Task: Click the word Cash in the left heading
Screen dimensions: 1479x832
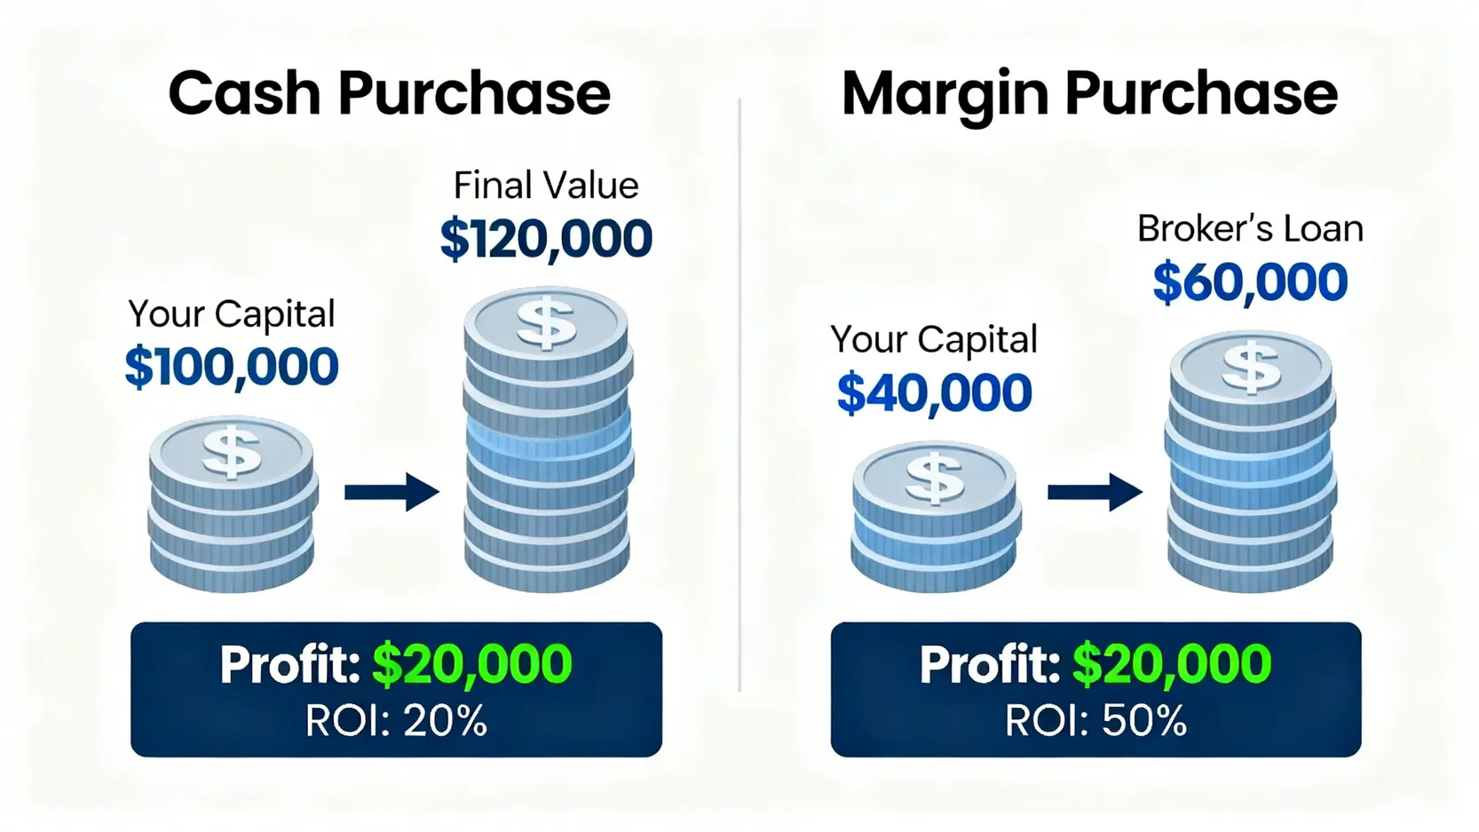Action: [245, 93]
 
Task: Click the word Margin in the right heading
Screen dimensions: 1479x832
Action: [945, 97]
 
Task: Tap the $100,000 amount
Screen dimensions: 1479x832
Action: [232, 367]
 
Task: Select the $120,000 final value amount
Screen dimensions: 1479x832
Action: [546, 239]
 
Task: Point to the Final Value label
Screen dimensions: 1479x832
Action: [546, 185]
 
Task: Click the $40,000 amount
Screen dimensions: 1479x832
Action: [934, 393]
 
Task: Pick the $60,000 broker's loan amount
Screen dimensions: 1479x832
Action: [1250, 282]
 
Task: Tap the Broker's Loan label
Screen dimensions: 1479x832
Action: [1250, 229]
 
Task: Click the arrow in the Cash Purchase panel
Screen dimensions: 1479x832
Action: [392, 492]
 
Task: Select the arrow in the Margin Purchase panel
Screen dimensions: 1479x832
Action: [1095, 492]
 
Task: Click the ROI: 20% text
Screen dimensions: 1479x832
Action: [396, 720]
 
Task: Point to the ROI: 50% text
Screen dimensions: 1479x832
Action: [1096, 720]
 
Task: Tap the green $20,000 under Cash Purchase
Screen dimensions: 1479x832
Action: [472, 664]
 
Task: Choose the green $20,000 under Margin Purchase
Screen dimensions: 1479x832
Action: [1172, 664]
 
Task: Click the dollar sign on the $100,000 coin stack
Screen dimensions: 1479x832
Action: [231, 452]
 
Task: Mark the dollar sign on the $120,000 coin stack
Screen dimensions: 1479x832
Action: [546, 323]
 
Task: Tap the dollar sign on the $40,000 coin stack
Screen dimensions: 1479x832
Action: [934, 479]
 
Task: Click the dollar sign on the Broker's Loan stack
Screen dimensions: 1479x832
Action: [1251, 368]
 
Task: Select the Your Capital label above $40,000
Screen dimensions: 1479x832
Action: [934, 339]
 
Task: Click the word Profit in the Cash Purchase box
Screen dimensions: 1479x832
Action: [290, 664]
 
